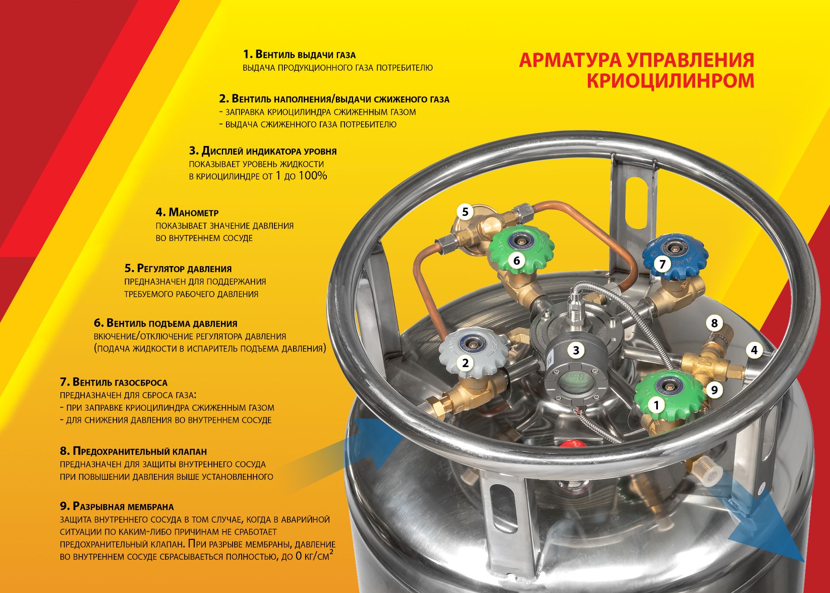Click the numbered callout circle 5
pos(465,212)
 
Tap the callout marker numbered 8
pos(714,323)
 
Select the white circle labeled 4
pos(754,350)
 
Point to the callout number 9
pos(714,390)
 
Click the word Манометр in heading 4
pos(194,212)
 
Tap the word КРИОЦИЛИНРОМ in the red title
pos(670,81)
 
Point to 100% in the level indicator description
pos(313,176)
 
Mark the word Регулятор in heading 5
pos(161,269)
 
